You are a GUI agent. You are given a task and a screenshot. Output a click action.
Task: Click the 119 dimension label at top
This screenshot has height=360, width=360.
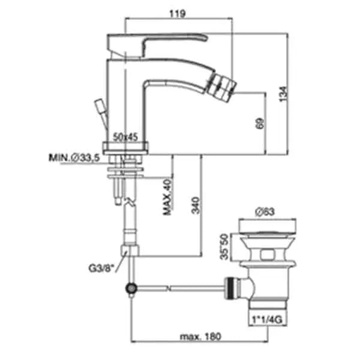[178, 14]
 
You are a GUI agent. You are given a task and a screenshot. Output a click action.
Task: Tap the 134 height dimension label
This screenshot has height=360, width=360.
[283, 94]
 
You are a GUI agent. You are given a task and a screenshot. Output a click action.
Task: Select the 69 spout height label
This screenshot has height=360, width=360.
[260, 124]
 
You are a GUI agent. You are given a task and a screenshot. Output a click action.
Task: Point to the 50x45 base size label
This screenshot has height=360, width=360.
[125, 137]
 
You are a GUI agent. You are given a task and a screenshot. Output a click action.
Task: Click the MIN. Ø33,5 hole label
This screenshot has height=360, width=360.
[74, 158]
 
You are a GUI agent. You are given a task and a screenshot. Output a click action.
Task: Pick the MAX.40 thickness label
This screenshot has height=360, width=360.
[167, 197]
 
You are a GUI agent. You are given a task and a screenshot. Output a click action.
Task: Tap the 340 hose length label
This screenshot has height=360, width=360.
[196, 205]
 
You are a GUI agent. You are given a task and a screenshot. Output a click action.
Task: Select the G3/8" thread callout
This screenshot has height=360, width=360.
[101, 268]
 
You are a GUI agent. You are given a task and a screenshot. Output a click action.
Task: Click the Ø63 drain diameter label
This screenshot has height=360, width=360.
[265, 212]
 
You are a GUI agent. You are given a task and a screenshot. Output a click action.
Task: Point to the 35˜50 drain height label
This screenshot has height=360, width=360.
[224, 247]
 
